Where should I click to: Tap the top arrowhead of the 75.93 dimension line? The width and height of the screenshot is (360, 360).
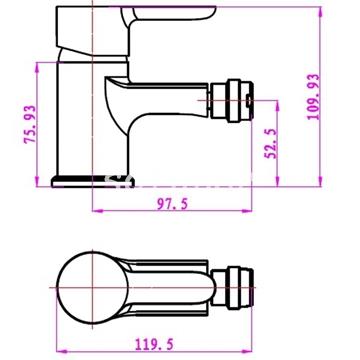[x=39, y=66]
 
